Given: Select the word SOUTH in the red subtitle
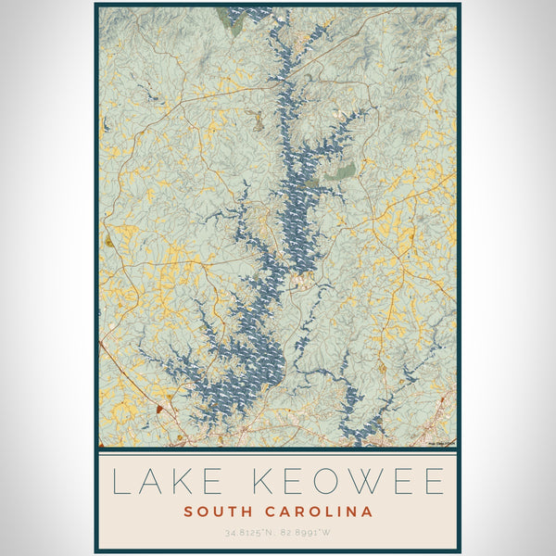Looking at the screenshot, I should pyautogui.click(x=212, y=512).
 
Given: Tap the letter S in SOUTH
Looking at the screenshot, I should pyautogui.click(x=188, y=512).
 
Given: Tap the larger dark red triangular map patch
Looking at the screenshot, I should pyautogui.click(x=159, y=407).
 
